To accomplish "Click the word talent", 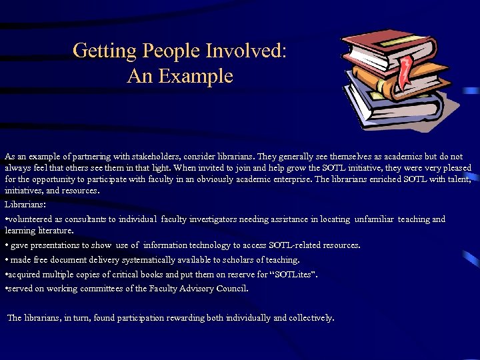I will pyautogui.click(x=457, y=179).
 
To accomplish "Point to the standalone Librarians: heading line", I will pyautogui.click(x=25, y=204).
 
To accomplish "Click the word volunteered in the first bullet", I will pyautogui.click(x=33, y=219).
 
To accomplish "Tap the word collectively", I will pyautogui.click(x=309, y=318).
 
